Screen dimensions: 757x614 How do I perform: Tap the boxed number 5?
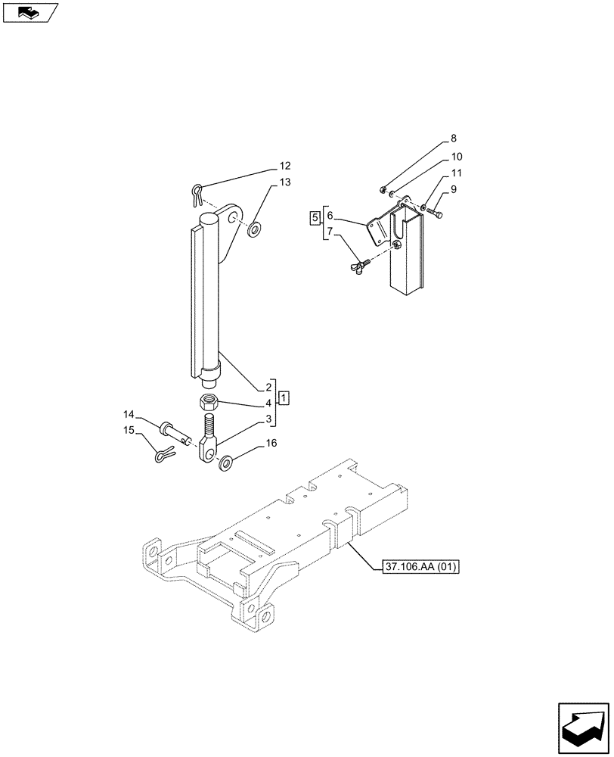click(314, 219)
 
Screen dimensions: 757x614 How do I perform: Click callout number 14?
click(129, 414)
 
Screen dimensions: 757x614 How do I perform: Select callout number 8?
click(453, 139)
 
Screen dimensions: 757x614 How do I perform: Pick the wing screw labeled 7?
click(358, 264)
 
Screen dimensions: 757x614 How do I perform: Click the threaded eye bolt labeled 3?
click(210, 444)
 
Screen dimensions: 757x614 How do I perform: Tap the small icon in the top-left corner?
click(29, 12)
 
